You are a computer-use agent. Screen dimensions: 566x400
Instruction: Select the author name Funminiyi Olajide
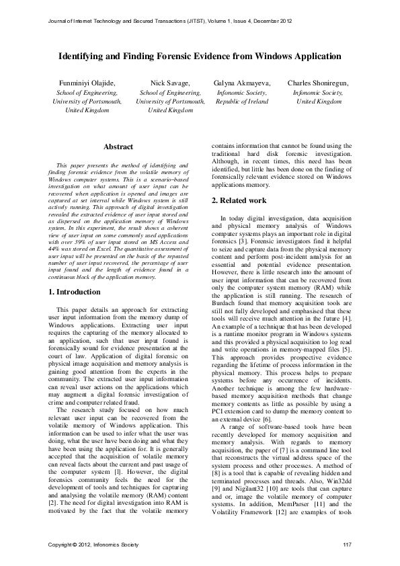[x=87, y=83]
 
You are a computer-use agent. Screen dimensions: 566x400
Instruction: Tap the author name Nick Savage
[x=170, y=83]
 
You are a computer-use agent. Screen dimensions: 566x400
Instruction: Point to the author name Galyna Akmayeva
[x=241, y=83]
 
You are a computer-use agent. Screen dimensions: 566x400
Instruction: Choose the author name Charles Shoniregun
[x=318, y=83]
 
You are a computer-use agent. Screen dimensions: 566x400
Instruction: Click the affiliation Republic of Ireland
[x=241, y=101]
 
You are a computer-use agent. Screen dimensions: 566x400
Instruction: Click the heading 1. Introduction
[x=75, y=292]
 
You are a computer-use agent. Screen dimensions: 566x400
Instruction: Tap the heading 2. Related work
[x=239, y=200]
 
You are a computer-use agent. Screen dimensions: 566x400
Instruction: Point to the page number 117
[x=347, y=544]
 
